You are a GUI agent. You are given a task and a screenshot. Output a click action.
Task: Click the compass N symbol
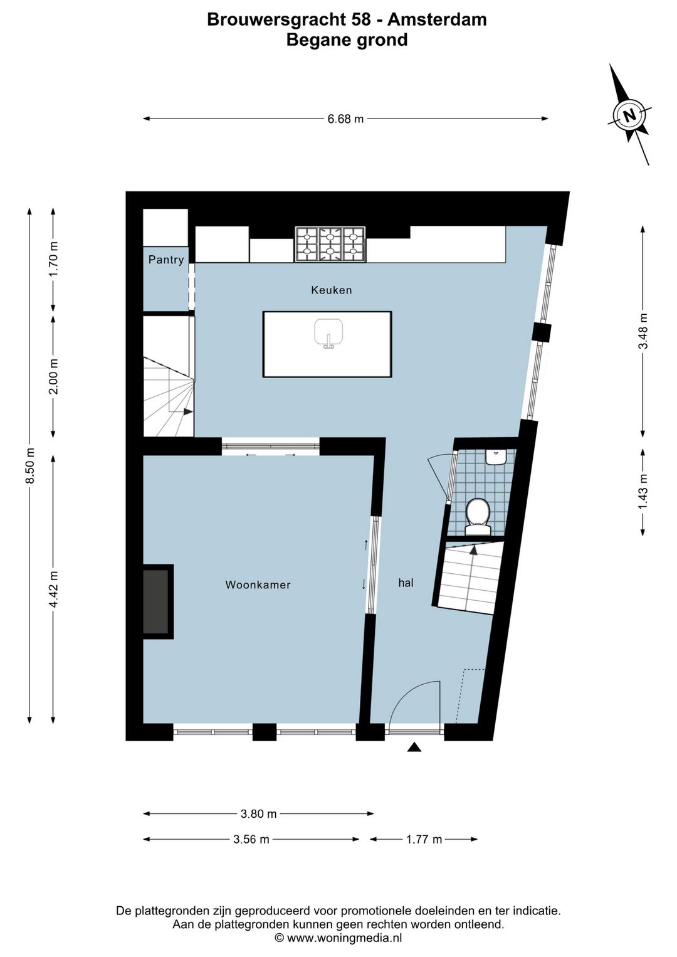click(x=629, y=115)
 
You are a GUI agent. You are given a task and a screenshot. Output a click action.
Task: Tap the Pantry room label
click(x=166, y=260)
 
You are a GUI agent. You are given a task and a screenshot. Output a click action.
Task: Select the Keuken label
click(x=332, y=290)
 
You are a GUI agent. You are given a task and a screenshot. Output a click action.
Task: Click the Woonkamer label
click(x=258, y=584)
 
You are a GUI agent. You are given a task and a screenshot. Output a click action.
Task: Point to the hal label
click(x=406, y=583)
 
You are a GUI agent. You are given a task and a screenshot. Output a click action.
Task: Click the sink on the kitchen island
click(x=328, y=332)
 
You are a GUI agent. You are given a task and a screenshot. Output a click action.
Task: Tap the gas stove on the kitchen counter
click(x=330, y=244)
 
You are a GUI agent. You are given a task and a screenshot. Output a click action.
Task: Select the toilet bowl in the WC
click(x=478, y=515)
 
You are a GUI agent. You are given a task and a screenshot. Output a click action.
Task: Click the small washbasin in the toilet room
click(x=496, y=457)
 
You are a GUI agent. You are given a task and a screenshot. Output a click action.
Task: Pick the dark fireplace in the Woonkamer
click(x=156, y=601)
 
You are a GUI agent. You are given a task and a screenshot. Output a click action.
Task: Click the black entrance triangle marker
click(x=414, y=746)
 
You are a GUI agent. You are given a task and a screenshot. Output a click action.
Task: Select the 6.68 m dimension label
click(x=345, y=119)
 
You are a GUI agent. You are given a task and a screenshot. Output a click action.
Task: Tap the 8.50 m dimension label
click(x=29, y=466)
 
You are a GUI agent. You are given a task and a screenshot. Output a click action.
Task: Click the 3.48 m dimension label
click(x=643, y=331)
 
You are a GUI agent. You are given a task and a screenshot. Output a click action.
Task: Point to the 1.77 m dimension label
click(x=424, y=839)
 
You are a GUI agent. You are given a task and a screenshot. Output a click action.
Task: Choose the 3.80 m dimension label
click(x=258, y=813)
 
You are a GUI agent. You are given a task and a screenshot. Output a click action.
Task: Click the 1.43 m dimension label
click(x=643, y=491)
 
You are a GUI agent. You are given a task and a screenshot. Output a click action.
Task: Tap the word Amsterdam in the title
click(x=437, y=19)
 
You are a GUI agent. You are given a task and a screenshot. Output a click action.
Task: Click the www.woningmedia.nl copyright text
click(x=338, y=938)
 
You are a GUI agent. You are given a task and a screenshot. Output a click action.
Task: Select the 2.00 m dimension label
click(x=53, y=376)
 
